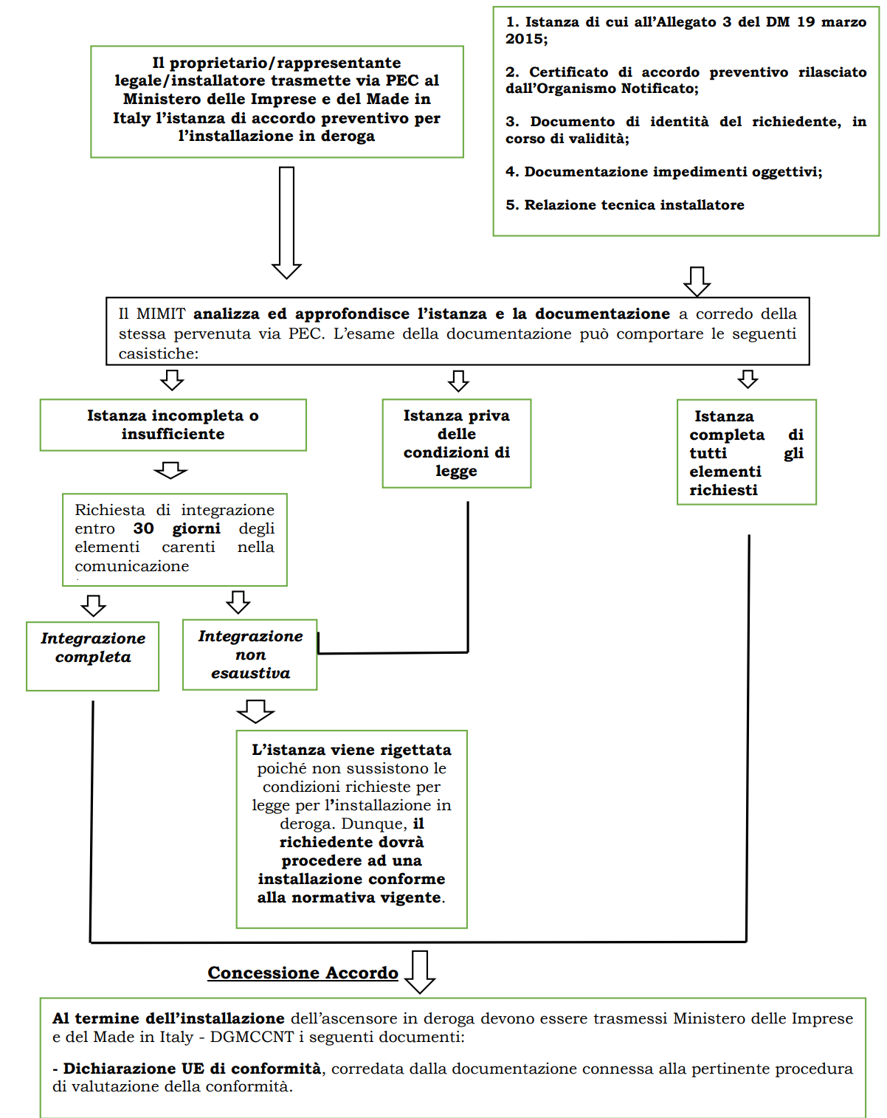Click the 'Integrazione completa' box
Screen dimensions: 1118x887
93,655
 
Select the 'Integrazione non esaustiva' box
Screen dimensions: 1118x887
250,655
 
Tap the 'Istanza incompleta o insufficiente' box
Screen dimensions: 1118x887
173,425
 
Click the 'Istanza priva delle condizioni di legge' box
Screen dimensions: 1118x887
456,443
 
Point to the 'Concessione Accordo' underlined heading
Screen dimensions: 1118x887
303,973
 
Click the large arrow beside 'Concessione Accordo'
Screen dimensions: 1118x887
420,972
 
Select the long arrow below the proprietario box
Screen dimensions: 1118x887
286,222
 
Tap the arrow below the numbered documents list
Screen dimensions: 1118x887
697,281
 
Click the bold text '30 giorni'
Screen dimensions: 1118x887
176,528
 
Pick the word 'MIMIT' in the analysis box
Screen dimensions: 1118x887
161,314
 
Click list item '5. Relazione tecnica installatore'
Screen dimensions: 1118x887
625,205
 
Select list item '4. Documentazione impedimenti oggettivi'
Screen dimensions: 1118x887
663,172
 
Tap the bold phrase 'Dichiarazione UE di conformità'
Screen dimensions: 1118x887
192,1069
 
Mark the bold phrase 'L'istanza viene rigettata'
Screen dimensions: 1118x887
351,750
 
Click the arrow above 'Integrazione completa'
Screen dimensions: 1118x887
93,606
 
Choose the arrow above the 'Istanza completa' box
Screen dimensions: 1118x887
748,379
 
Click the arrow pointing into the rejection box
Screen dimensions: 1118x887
255,711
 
